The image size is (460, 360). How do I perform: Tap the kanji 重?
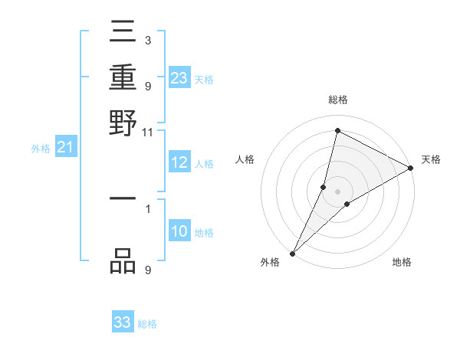point(123,79)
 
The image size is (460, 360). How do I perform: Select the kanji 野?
point(123,122)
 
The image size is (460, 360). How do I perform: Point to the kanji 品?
point(123,262)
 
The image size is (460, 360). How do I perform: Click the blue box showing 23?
point(179,77)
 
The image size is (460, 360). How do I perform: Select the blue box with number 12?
point(179,162)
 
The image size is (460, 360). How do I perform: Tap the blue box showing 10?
point(179,231)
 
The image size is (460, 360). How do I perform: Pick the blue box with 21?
point(65,147)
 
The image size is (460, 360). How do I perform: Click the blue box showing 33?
point(123,322)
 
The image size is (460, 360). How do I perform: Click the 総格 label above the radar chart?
point(337,100)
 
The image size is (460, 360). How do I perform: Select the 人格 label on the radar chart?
point(245,159)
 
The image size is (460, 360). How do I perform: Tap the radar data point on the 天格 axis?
point(410,169)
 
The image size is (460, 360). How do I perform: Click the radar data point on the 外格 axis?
point(293,253)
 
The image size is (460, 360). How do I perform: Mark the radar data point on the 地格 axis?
point(347,204)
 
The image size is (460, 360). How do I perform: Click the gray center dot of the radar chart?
point(337,191)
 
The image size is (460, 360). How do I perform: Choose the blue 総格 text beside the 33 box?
point(147,324)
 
